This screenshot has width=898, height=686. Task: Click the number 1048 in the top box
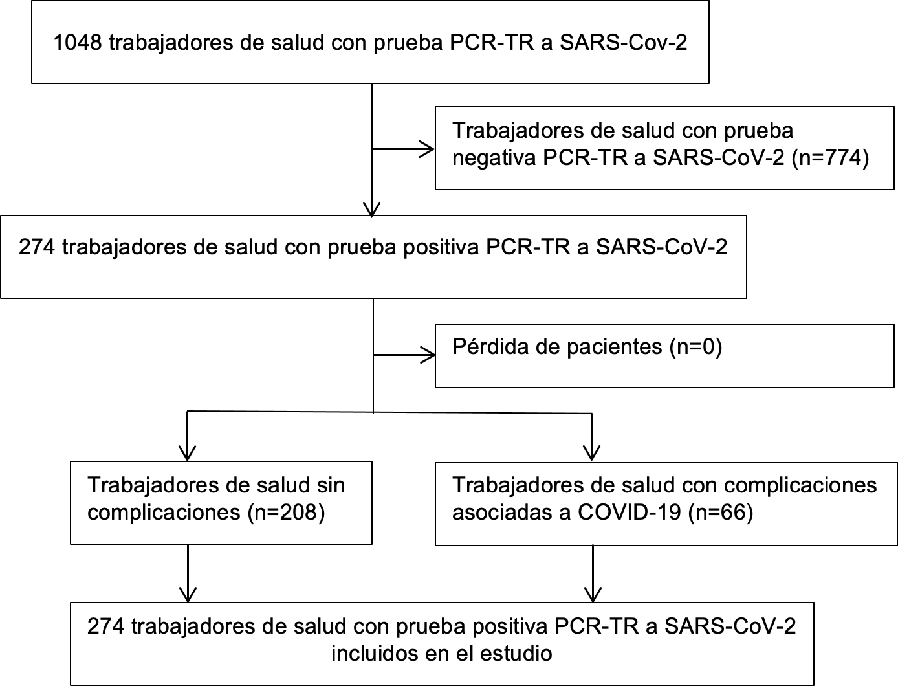78,43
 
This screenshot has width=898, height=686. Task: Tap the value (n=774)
830,157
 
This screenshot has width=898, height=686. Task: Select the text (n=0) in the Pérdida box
696,347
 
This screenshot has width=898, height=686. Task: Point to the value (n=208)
286,512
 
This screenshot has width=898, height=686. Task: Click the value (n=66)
721,512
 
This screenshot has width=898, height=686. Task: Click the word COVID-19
630,512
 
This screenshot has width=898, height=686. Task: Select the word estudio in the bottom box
516,653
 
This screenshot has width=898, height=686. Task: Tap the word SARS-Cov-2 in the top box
623,43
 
